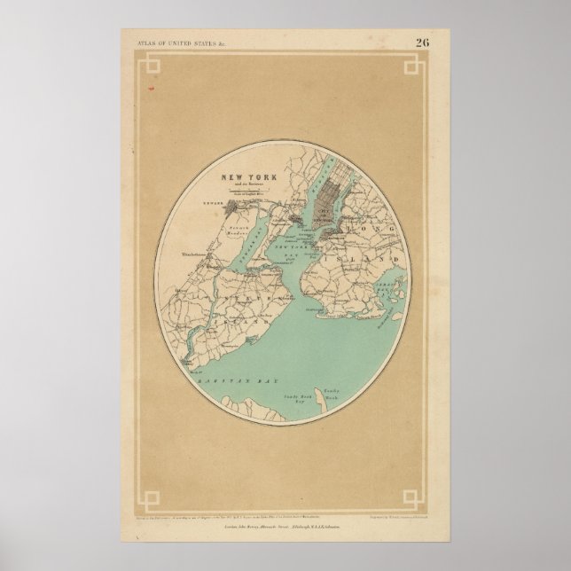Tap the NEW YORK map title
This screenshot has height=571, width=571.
point(233,177)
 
